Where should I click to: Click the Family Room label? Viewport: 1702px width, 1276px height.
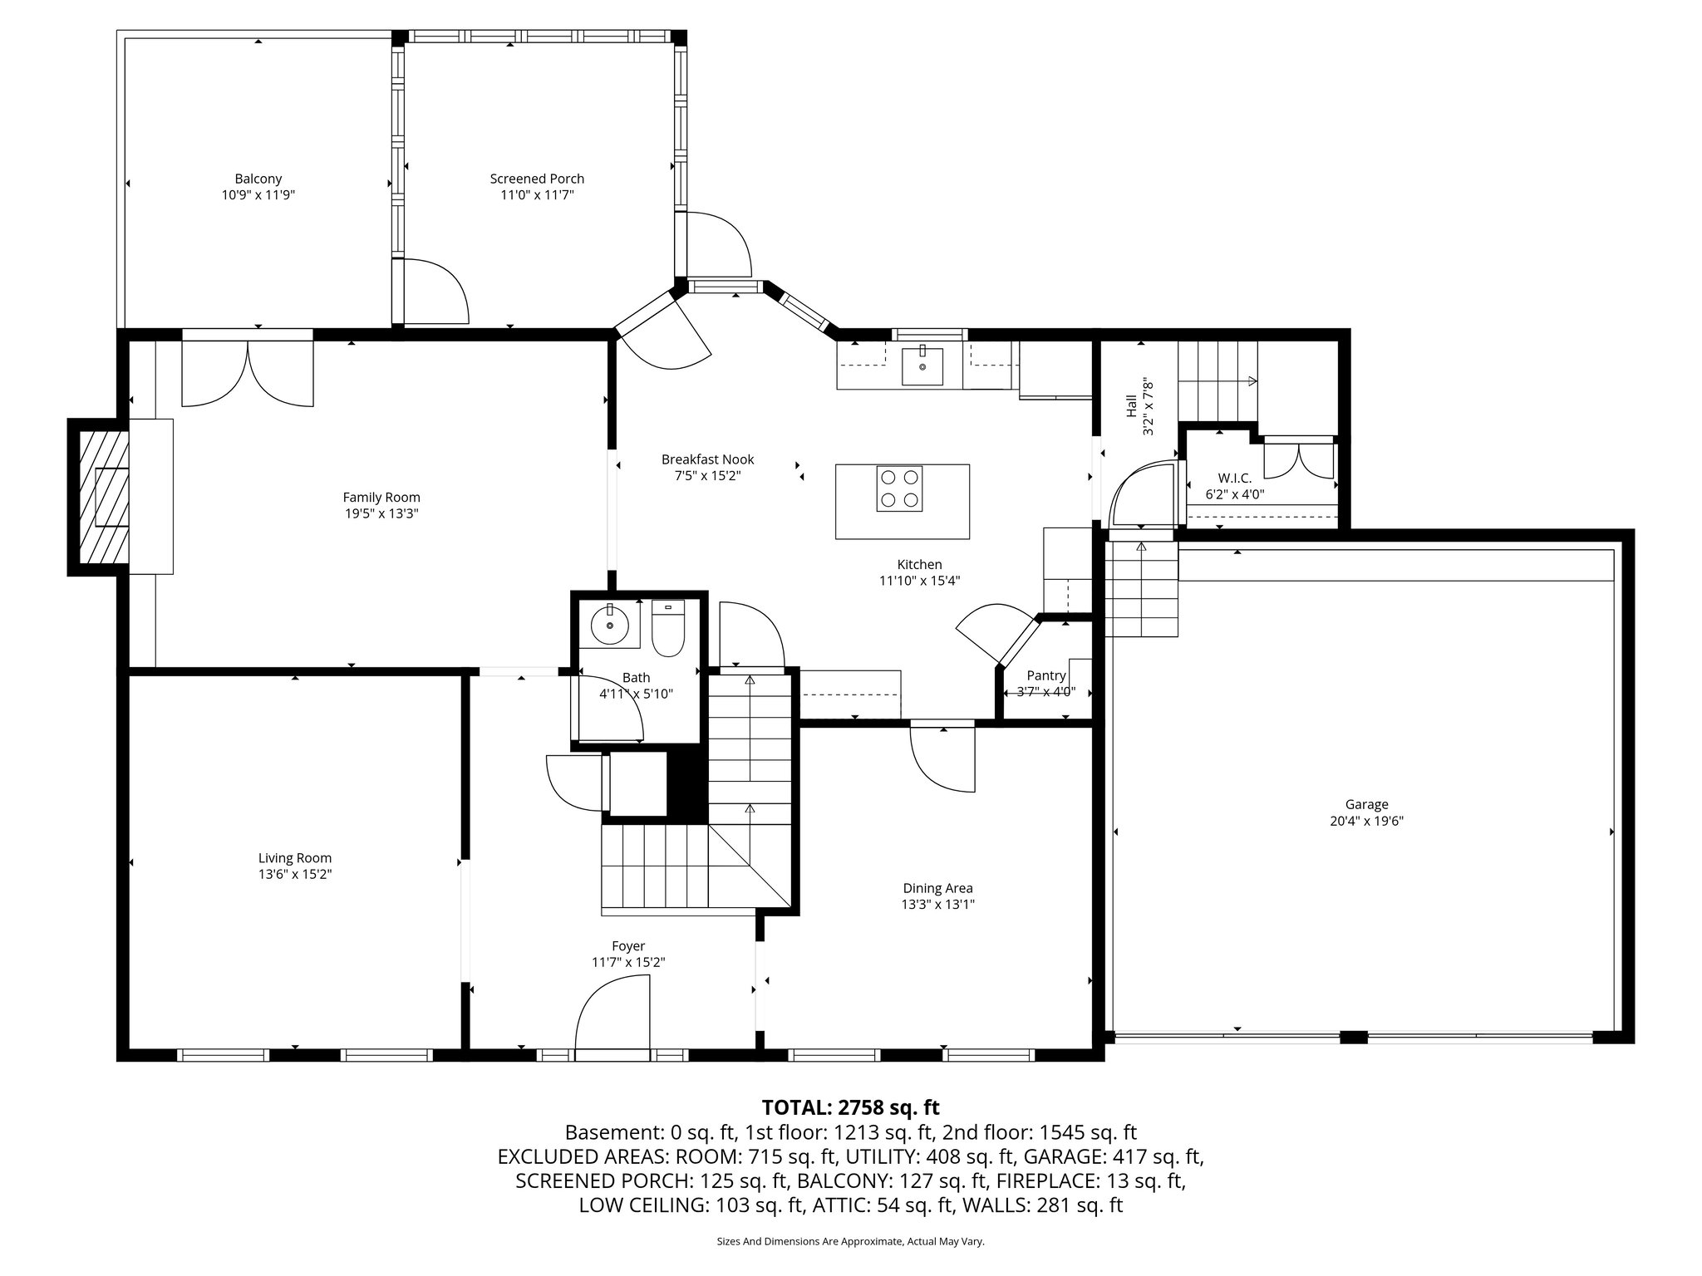(381, 498)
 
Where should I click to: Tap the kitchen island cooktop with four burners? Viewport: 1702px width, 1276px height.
(900, 488)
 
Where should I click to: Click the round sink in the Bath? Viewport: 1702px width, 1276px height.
(610, 625)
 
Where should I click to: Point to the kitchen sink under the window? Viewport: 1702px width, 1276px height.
(922, 366)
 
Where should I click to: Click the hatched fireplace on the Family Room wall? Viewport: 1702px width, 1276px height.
(99, 497)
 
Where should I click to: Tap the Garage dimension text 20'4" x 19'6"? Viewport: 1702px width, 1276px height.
(1366, 821)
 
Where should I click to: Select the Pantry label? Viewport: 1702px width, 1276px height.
(1045, 675)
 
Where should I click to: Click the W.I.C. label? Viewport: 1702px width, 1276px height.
(1235, 478)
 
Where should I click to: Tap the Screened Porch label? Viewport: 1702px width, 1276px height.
(537, 179)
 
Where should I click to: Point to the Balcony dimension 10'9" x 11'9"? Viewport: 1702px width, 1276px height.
(258, 195)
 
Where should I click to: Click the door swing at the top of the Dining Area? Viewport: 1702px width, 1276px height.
(942, 758)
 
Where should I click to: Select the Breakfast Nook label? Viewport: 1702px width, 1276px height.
(707, 459)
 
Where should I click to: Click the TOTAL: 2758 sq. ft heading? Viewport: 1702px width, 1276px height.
(850, 1107)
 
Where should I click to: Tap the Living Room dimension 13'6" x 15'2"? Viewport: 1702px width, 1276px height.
(295, 874)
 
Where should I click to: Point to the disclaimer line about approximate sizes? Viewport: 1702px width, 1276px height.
(850, 1241)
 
